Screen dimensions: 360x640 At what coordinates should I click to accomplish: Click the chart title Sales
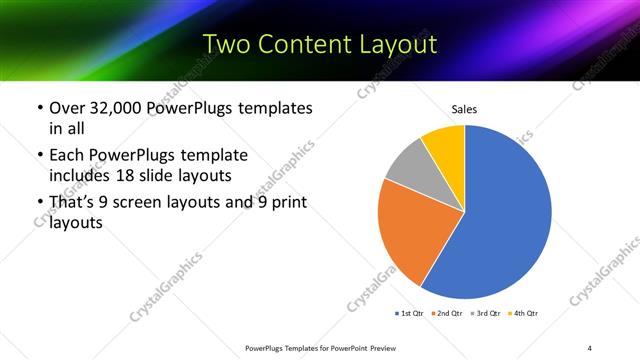click(x=464, y=108)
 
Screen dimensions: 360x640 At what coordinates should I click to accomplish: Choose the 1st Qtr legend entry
click(x=410, y=313)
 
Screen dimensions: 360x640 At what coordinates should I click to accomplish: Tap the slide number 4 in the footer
click(x=590, y=347)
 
